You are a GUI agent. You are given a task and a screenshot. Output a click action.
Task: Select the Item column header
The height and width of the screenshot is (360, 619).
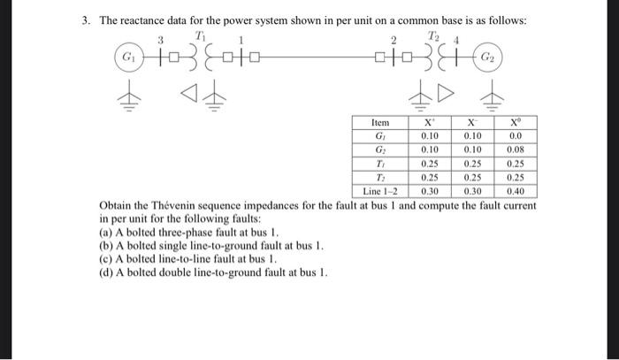[x=381, y=123]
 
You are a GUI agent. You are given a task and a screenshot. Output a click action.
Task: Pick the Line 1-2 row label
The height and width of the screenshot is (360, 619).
[x=381, y=190]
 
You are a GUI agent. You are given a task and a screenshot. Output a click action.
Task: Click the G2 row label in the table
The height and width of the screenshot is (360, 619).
[x=381, y=150]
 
